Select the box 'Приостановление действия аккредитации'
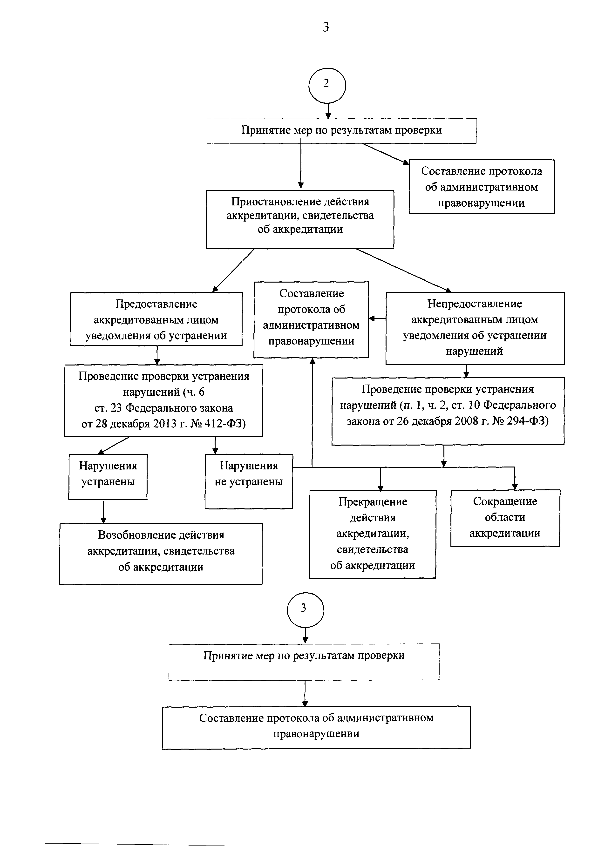point(300,219)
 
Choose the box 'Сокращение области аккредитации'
point(505,518)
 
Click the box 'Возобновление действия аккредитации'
point(161,554)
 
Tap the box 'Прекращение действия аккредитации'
point(373,534)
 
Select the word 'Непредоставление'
point(475,304)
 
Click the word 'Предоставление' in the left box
point(156,304)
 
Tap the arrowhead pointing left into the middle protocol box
point(372,319)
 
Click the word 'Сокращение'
point(505,501)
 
